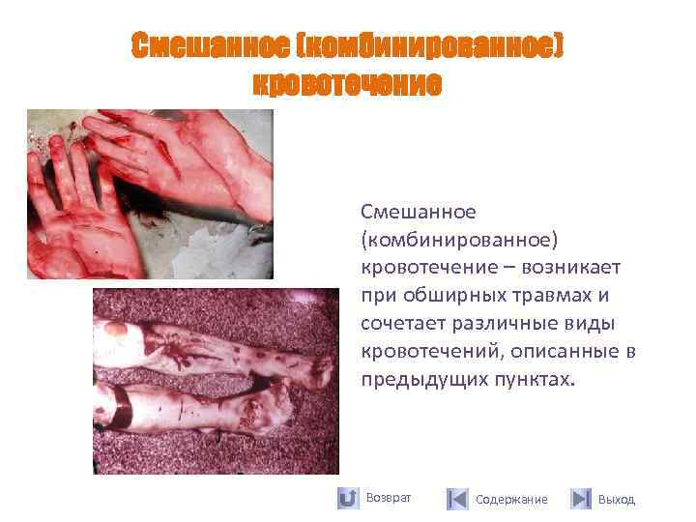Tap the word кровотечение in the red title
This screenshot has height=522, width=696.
347,84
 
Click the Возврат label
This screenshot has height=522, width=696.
390,498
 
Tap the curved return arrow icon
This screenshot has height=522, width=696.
348,499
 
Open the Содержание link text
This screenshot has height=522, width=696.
511,500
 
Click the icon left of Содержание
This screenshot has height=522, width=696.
457,499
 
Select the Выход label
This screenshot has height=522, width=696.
617,500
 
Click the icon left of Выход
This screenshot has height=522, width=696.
580,499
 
